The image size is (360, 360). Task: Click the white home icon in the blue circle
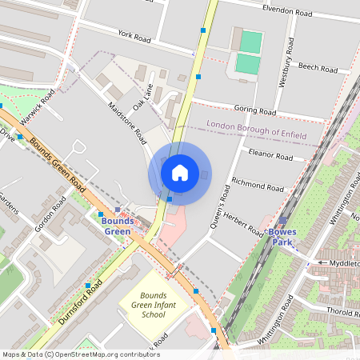180,171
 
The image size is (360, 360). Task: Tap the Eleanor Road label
270,154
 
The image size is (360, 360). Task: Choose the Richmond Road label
258,185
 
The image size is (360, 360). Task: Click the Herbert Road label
243,223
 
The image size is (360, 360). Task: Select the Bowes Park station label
282,236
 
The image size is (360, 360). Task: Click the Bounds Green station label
117,226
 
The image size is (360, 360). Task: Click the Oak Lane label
142,94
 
